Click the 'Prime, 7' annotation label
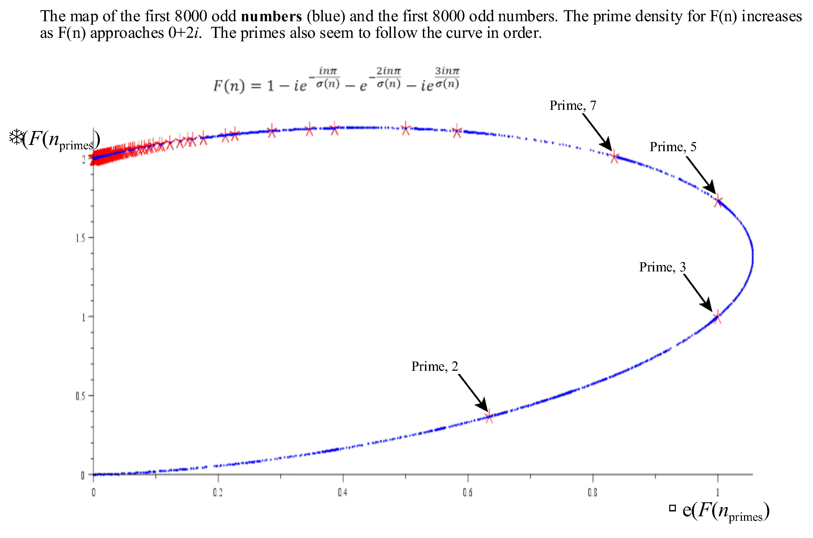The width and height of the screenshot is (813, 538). point(572,105)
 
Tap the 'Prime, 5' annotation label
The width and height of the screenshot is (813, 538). point(672,147)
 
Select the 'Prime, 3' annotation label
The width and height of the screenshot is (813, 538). point(662,267)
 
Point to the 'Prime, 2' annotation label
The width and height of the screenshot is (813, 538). point(434,366)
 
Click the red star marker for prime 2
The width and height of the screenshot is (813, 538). point(489,417)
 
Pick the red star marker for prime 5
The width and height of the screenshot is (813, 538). point(718,201)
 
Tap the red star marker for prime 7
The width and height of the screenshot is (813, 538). point(614,157)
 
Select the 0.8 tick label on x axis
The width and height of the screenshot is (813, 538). point(592,493)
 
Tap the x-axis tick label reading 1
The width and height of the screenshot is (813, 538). point(717,493)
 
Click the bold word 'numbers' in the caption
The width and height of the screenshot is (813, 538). point(271,16)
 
